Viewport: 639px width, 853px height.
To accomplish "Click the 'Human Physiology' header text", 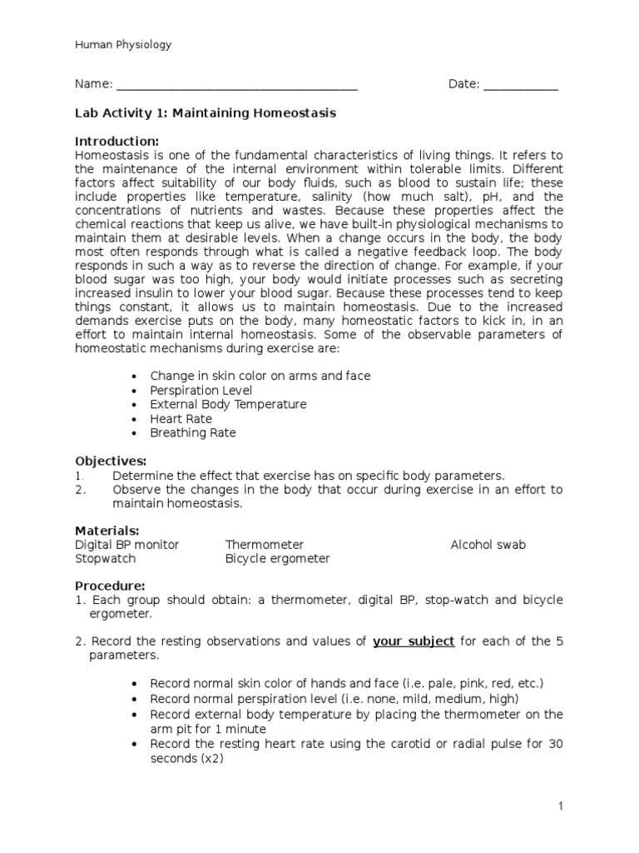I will pyautogui.click(x=123, y=45).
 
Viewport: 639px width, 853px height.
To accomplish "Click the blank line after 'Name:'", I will pyautogui.click(x=237, y=85).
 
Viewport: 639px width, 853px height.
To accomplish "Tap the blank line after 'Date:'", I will pyautogui.click(x=521, y=85).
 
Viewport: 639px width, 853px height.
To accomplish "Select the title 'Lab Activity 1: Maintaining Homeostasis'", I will pyautogui.click(x=206, y=113).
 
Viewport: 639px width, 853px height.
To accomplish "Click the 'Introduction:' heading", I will pyautogui.click(x=116, y=141).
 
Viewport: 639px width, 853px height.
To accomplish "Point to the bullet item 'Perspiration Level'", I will pyautogui.click(x=201, y=390).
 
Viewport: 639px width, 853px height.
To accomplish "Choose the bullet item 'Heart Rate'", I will pyautogui.click(x=181, y=418).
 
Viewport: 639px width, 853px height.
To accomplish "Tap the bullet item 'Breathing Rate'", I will pyautogui.click(x=192, y=432).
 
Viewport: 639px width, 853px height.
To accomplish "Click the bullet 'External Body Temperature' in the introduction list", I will pyautogui.click(x=228, y=404).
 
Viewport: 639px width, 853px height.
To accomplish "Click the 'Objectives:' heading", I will pyautogui.click(x=111, y=461).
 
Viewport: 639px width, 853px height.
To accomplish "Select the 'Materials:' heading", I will pyautogui.click(x=107, y=531).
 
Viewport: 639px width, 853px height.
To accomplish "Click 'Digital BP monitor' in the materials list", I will pyautogui.click(x=126, y=545).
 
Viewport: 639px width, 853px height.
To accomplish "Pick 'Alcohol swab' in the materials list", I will pyautogui.click(x=488, y=545).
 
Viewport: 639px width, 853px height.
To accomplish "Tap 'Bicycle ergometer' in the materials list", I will pyautogui.click(x=277, y=559).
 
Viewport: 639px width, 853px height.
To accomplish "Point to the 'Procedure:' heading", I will pyautogui.click(x=110, y=586).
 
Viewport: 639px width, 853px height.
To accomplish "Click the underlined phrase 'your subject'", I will pyautogui.click(x=414, y=641).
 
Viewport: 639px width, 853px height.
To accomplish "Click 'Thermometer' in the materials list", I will pyautogui.click(x=264, y=545).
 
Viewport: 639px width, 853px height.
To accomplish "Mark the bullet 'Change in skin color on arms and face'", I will pyautogui.click(x=260, y=376).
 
